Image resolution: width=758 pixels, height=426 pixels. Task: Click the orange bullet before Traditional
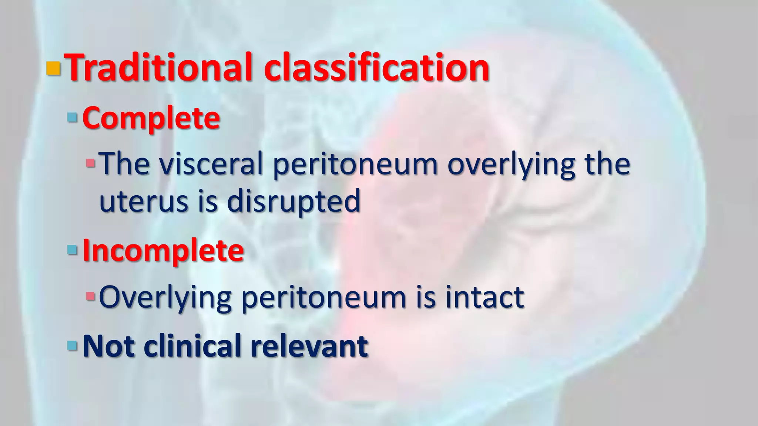53,68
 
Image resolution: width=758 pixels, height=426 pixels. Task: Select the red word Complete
151,118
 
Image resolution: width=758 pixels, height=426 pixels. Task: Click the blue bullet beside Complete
72,118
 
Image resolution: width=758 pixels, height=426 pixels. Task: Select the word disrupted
293,202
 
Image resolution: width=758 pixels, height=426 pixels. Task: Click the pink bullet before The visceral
90,163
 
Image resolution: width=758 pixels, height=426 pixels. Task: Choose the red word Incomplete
163,251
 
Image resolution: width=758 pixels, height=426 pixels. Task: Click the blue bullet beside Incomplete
72,251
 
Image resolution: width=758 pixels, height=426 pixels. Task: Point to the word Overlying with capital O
165,297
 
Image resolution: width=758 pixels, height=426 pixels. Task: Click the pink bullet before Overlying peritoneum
90,296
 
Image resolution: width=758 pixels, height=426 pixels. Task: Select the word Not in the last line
108,346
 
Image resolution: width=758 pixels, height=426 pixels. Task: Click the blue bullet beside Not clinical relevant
72,346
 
